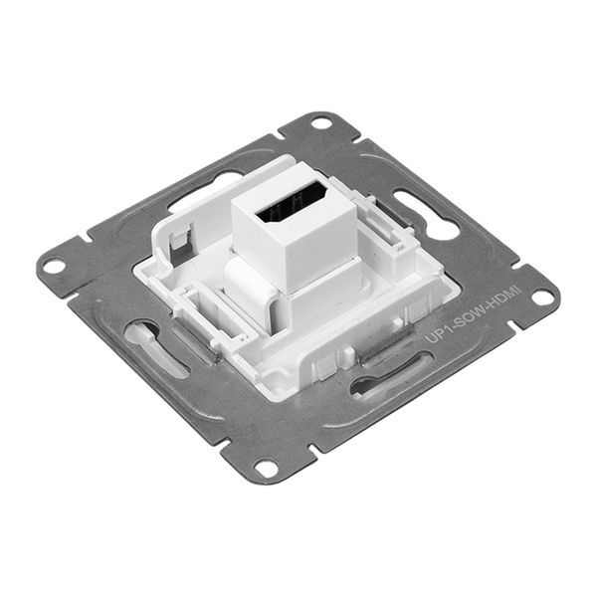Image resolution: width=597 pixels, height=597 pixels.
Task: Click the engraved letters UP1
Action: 436,335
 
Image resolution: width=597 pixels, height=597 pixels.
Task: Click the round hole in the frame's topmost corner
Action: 320,123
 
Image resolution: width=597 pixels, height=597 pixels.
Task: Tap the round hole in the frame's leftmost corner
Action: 52,266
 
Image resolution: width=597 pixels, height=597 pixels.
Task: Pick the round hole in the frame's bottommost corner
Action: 266,466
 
